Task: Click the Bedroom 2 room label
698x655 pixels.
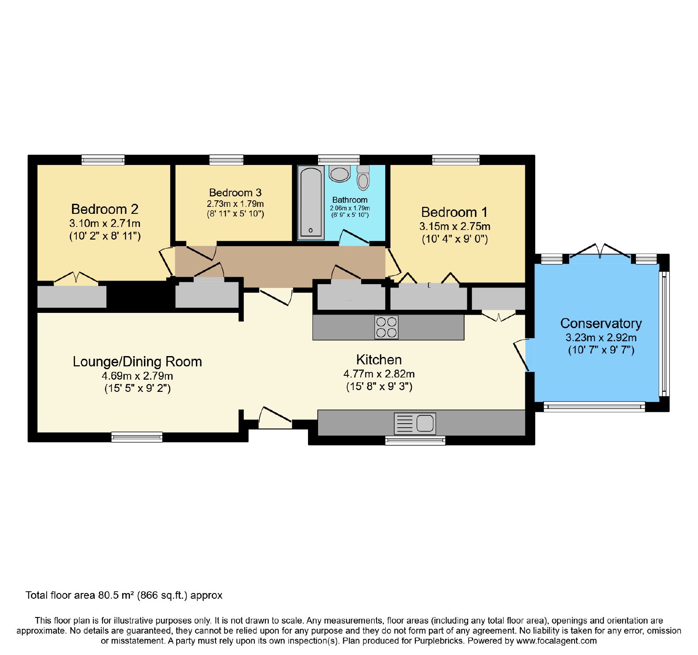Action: (x=105, y=209)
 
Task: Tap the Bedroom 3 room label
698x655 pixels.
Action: (x=235, y=193)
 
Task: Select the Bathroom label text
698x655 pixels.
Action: (x=350, y=200)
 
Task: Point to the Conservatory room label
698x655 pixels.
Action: (x=601, y=323)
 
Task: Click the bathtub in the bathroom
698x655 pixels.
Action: (x=311, y=203)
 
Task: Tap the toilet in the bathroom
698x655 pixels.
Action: (x=363, y=178)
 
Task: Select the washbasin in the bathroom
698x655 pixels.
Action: (x=339, y=174)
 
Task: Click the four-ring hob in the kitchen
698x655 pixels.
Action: (x=387, y=327)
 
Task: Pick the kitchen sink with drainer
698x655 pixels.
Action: (x=415, y=423)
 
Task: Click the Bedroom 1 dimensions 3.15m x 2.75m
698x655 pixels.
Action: (x=455, y=226)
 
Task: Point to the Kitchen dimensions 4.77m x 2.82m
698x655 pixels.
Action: (x=379, y=374)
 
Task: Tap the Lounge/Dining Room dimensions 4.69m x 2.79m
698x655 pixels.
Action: (x=137, y=376)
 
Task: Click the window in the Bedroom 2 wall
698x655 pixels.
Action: (x=103, y=160)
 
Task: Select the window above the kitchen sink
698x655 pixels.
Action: (x=415, y=440)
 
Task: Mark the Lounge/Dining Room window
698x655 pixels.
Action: (x=137, y=437)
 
